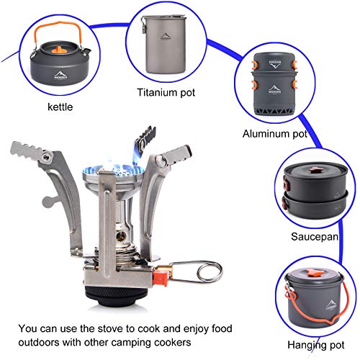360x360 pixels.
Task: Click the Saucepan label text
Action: tap(315, 235)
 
